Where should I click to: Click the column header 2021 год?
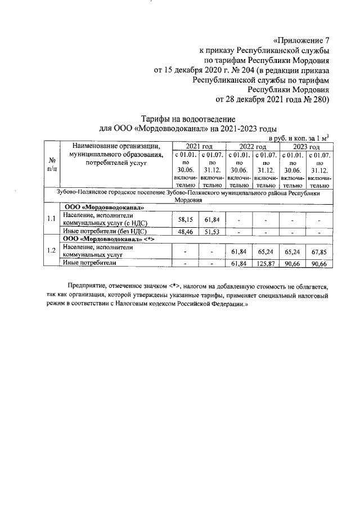coord(198,146)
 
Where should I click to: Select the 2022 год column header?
coord(252,146)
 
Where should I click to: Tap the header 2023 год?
coord(305,146)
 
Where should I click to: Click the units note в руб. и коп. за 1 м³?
coord(299,137)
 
